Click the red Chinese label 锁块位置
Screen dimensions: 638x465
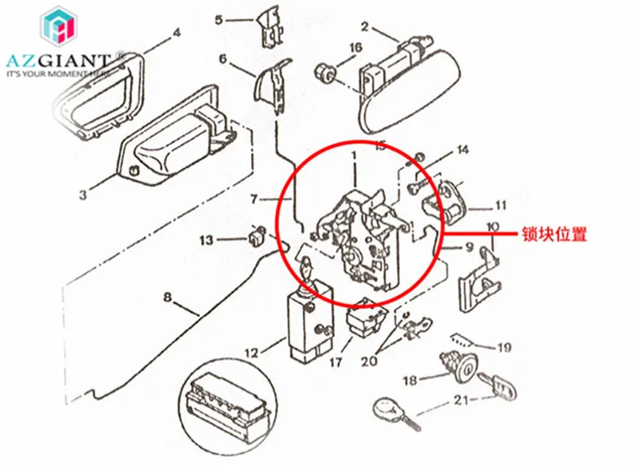tap(554, 234)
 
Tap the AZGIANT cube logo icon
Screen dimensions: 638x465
tap(58, 26)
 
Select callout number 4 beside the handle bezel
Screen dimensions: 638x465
tap(176, 33)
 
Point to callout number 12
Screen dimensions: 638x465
tap(252, 353)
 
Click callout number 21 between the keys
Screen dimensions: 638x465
tap(461, 400)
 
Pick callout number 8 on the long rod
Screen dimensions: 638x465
tap(167, 298)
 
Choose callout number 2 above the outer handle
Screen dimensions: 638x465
tap(364, 27)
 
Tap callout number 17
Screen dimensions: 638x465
tap(335, 361)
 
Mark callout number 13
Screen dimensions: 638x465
tap(207, 240)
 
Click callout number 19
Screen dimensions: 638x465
tap(504, 348)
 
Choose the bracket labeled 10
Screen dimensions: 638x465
tap(479, 279)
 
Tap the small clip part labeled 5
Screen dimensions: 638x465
tap(269, 26)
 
